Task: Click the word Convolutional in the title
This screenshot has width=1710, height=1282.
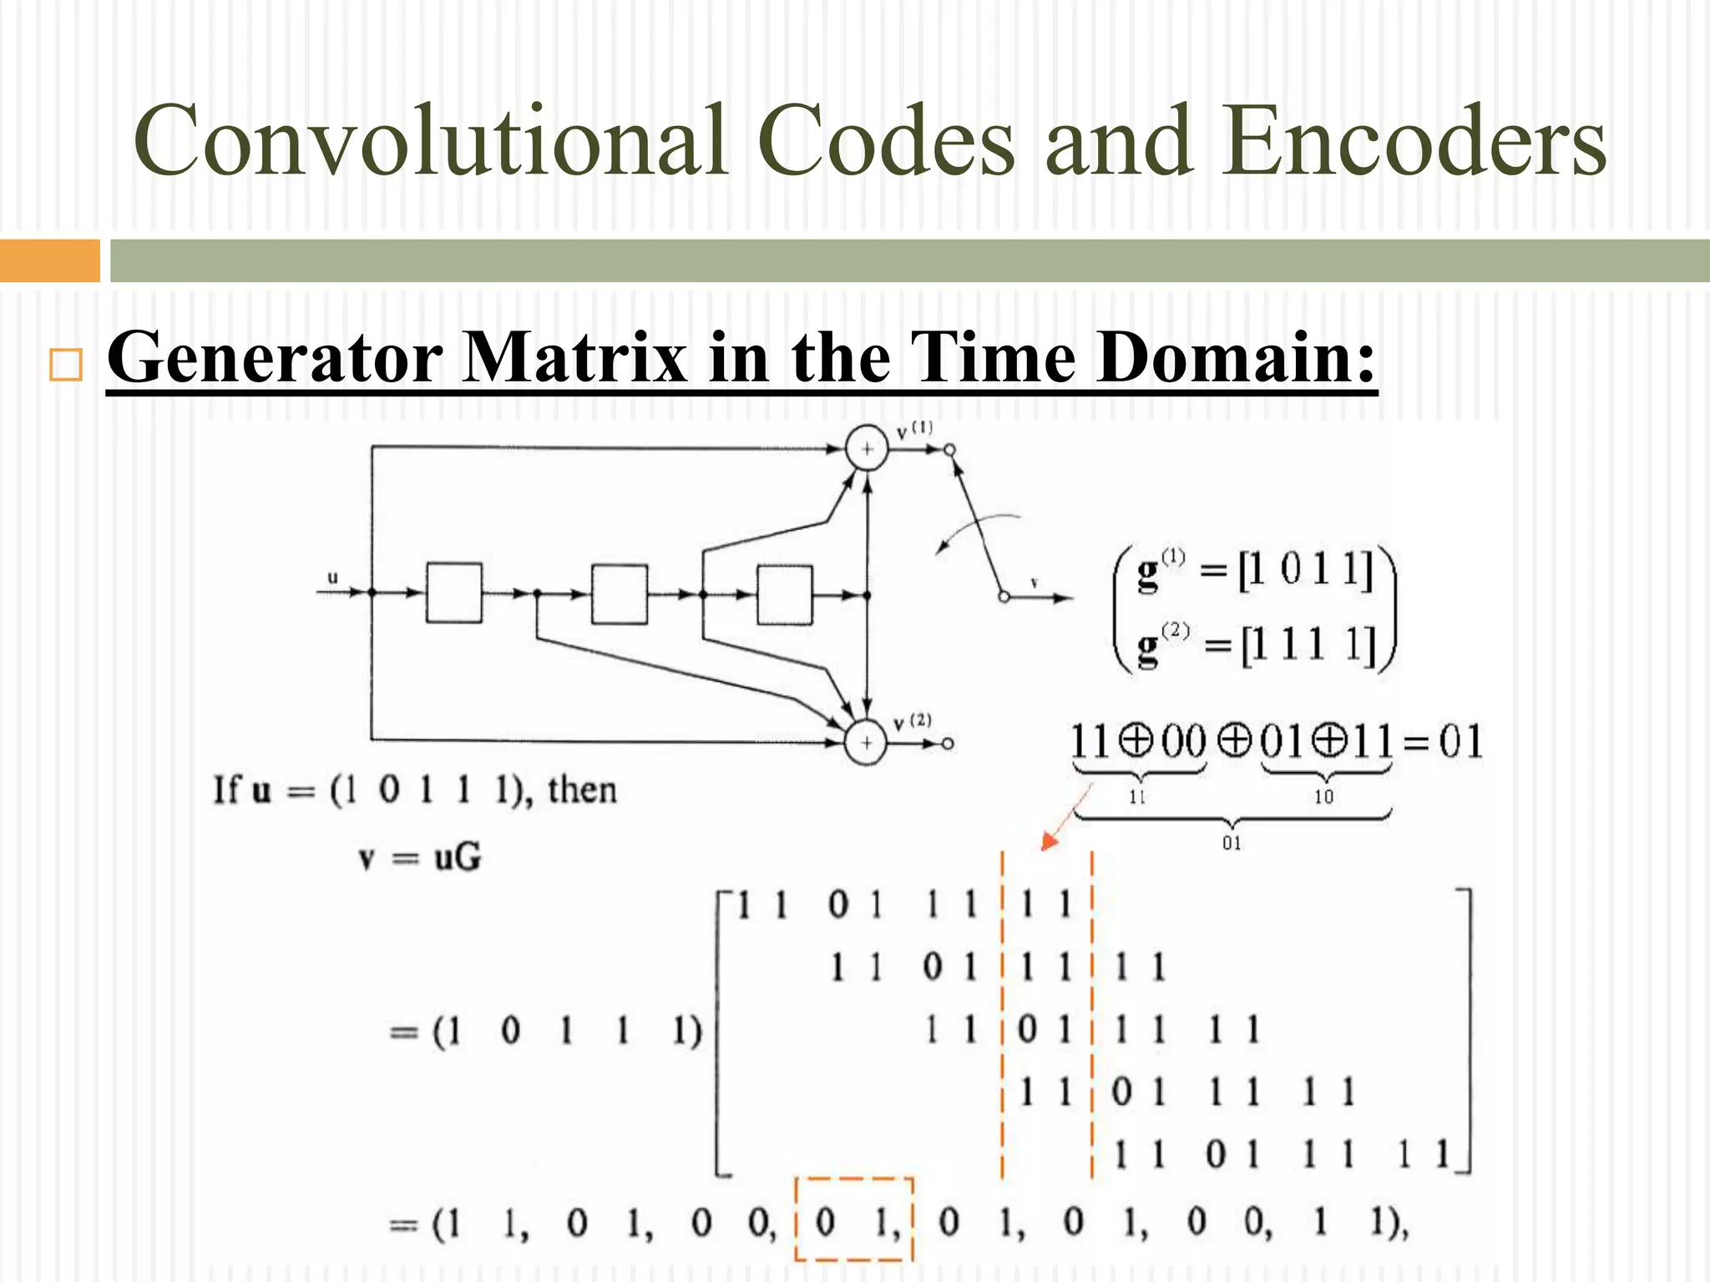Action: pyautogui.click(x=429, y=140)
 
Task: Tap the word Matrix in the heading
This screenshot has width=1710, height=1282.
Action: pyautogui.click(x=574, y=357)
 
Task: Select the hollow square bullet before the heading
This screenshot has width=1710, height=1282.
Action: pyautogui.click(x=66, y=365)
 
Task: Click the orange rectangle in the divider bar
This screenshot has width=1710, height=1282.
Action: pyautogui.click(x=49, y=260)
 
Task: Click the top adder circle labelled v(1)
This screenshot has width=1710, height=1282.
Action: pyautogui.click(x=867, y=449)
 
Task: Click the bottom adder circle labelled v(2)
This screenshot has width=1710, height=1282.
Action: pyautogui.click(x=866, y=742)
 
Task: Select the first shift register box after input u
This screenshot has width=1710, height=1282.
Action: pyautogui.click(x=453, y=593)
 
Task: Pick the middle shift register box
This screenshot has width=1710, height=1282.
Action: pyautogui.click(x=619, y=593)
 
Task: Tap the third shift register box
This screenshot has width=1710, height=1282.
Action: pyautogui.click(x=784, y=593)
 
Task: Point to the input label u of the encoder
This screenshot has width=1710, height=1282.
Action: pyautogui.click(x=332, y=578)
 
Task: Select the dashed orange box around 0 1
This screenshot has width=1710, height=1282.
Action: pyautogui.click(x=853, y=1219)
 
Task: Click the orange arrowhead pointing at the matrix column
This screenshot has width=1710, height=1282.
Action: pyautogui.click(x=1049, y=842)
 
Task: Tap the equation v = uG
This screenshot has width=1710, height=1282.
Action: pyautogui.click(x=419, y=857)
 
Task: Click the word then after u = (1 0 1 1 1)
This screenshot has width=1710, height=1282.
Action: pyautogui.click(x=582, y=790)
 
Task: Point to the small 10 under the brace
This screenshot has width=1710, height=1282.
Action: pyautogui.click(x=1323, y=796)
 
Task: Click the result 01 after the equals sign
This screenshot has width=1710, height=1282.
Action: pyautogui.click(x=1460, y=741)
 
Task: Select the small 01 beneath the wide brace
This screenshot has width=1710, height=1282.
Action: pyautogui.click(x=1232, y=843)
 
